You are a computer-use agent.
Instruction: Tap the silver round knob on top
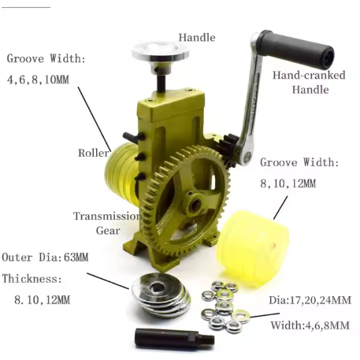coord(161,52)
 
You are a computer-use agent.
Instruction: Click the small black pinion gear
coord(228,150)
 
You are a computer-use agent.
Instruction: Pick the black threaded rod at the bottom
coord(175,338)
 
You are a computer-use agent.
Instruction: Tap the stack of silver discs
coord(161,294)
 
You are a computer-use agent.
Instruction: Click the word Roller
coord(94,153)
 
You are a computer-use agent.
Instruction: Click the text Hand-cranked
coord(309,76)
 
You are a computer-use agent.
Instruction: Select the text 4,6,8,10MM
coord(38,80)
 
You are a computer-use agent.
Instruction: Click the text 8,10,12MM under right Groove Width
coord(288,184)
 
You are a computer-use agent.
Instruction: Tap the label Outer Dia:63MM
coord(45,258)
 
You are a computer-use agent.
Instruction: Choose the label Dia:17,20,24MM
coord(310,300)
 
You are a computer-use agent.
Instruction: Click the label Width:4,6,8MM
coord(310,325)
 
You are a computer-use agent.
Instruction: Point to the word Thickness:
coord(32,279)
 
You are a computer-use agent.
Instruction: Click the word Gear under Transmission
coord(108,231)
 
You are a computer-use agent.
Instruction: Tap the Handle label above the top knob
coord(197,38)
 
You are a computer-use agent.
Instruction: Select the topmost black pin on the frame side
coord(134,137)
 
